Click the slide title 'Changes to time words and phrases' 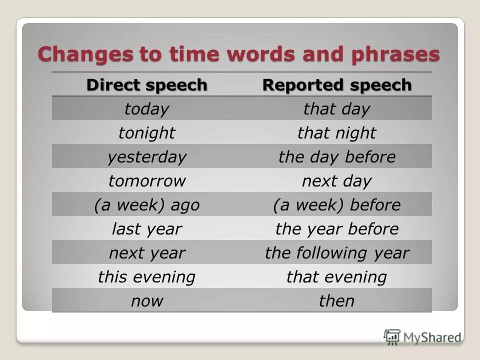[x=238, y=54]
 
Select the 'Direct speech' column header [x=146, y=85]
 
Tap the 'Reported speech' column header [x=337, y=85]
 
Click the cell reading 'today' [x=146, y=108]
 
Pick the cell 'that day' [x=336, y=108]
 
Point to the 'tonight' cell [x=146, y=132]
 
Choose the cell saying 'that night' [x=336, y=132]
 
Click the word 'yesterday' [x=146, y=156]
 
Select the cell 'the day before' [x=336, y=156]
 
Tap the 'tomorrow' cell [x=146, y=180]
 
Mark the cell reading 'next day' [x=336, y=180]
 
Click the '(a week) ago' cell [x=146, y=204]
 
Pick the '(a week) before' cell [x=336, y=204]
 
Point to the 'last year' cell [x=146, y=228]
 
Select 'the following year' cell [x=336, y=252]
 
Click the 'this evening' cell [x=146, y=276]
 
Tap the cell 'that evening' [x=336, y=276]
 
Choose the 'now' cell [x=146, y=300]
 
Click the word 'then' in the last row [x=336, y=300]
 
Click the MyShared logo [x=422, y=337]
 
